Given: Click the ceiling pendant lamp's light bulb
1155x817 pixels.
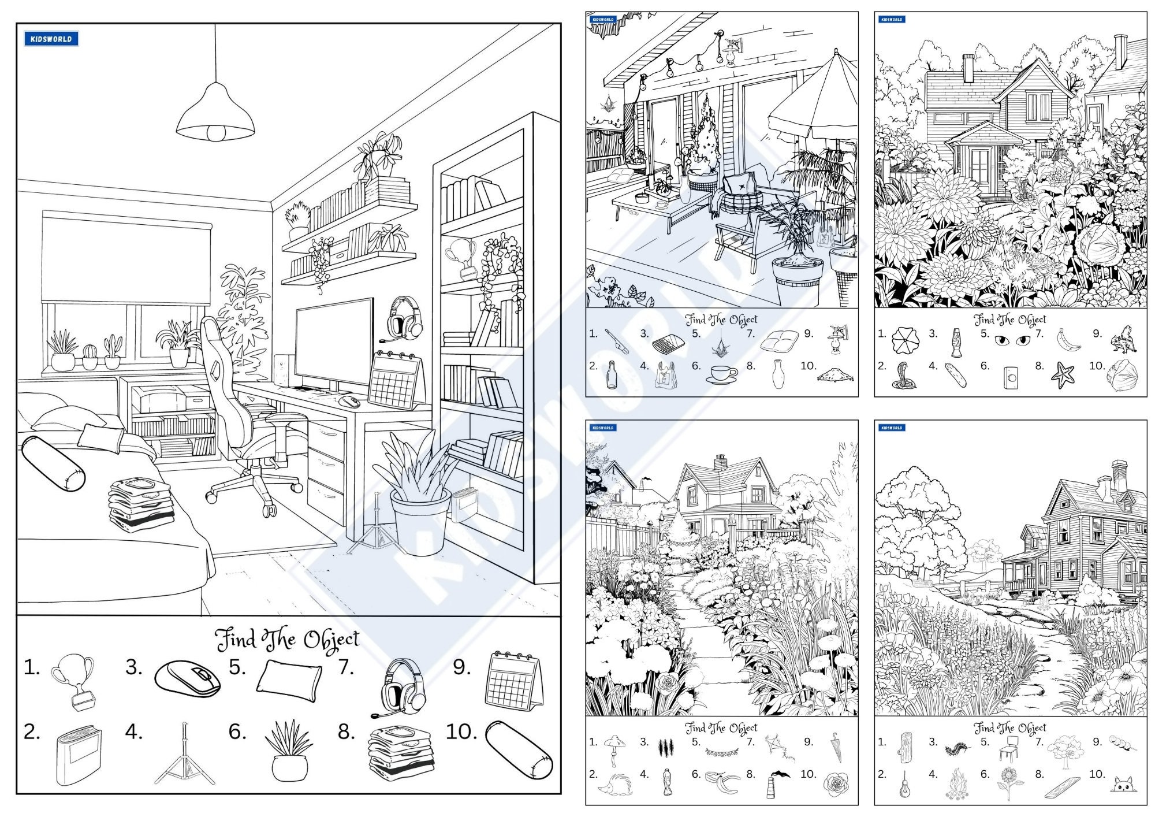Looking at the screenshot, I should point(216,133).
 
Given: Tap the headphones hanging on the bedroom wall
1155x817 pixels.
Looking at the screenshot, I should point(404,318).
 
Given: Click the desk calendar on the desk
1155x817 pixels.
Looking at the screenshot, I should point(394,381).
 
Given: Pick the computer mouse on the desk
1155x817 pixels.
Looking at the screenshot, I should point(349,401).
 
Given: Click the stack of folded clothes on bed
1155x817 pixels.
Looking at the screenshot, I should point(141,503).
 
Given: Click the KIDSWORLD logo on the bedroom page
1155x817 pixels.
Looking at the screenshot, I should point(51,39).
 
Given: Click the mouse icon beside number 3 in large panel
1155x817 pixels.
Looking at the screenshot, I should point(188,678).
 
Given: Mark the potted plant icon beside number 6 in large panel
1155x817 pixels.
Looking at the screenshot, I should point(289,751).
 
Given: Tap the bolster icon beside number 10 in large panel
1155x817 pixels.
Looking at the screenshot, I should point(518,750).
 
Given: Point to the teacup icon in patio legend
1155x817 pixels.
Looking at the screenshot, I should point(721,374).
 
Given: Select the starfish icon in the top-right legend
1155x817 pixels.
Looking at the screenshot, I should point(1063,375).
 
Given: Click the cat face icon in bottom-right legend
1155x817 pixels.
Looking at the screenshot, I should point(1123,784).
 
